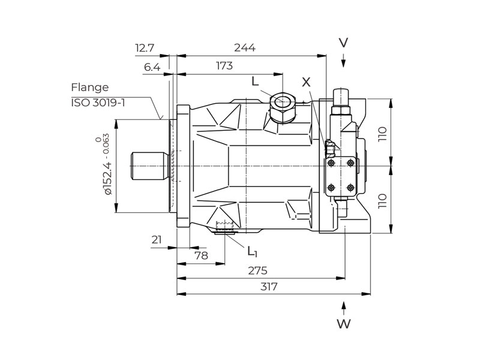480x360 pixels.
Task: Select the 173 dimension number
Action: tap(223, 66)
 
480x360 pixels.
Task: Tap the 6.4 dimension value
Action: tap(152, 67)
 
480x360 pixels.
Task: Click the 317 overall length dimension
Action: tap(269, 287)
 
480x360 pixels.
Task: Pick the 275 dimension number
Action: tap(258, 271)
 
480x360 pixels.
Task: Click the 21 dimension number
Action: tap(157, 240)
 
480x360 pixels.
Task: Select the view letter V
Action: tap(343, 43)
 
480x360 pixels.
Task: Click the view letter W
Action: tap(343, 325)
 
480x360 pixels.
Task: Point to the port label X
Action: tap(307, 82)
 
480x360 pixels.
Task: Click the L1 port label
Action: tap(252, 250)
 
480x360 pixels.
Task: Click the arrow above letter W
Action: tap(343, 307)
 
